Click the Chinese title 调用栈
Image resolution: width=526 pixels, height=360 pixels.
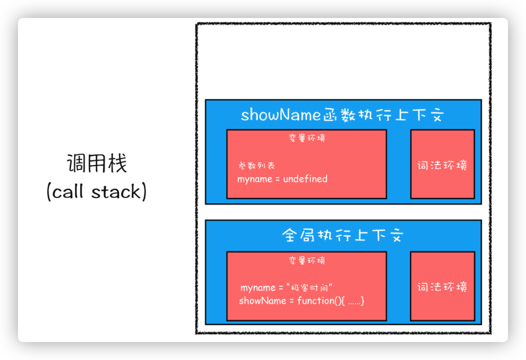(97, 164)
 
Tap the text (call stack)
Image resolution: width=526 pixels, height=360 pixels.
(96, 192)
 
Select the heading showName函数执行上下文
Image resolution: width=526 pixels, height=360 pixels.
(342, 115)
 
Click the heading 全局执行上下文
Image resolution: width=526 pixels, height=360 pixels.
(342, 235)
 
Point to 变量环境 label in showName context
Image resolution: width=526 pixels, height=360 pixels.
(306, 138)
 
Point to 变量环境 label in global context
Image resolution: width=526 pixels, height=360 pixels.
(306, 260)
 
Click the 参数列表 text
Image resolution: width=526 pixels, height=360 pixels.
(256, 165)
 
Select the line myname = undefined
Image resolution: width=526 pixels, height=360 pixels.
(282, 179)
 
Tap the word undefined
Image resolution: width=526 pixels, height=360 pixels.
(305, 179)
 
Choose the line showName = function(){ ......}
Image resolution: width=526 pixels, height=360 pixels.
(301, 300)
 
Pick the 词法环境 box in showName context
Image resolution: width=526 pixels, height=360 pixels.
(442, 164)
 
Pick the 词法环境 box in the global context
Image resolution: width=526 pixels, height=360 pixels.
(442, 286)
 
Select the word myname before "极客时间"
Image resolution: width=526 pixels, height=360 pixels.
(258, 288)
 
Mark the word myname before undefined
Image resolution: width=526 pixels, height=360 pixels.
(255, 179)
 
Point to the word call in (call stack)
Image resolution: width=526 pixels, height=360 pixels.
(68, 192)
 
